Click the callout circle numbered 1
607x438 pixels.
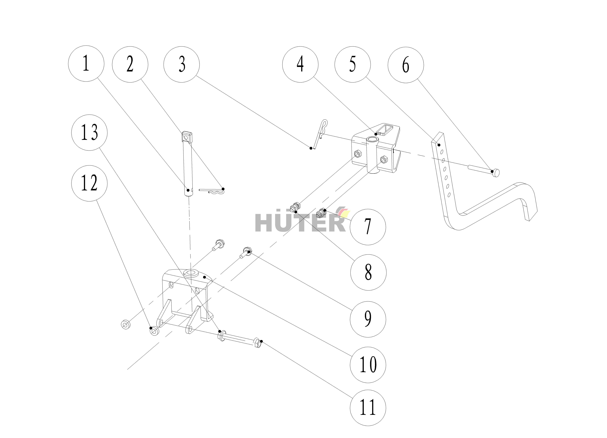[86, 63]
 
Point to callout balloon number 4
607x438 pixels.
[300, 64]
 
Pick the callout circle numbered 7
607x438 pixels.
[368, 227]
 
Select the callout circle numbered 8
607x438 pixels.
[368, 272]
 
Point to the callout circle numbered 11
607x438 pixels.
[368, 408]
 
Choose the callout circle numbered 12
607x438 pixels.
[89, 183]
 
